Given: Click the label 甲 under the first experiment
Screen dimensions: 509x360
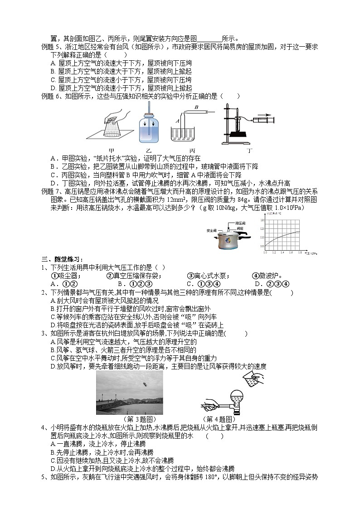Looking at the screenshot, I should pos(112,150).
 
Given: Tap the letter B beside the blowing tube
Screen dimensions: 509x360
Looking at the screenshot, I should pos(196,107).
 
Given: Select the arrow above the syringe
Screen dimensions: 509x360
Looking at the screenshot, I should pos(265,115).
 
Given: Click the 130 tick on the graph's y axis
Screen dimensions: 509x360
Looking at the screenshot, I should pos(262,220).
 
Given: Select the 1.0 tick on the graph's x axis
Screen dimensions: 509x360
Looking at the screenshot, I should pos(265,252).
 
